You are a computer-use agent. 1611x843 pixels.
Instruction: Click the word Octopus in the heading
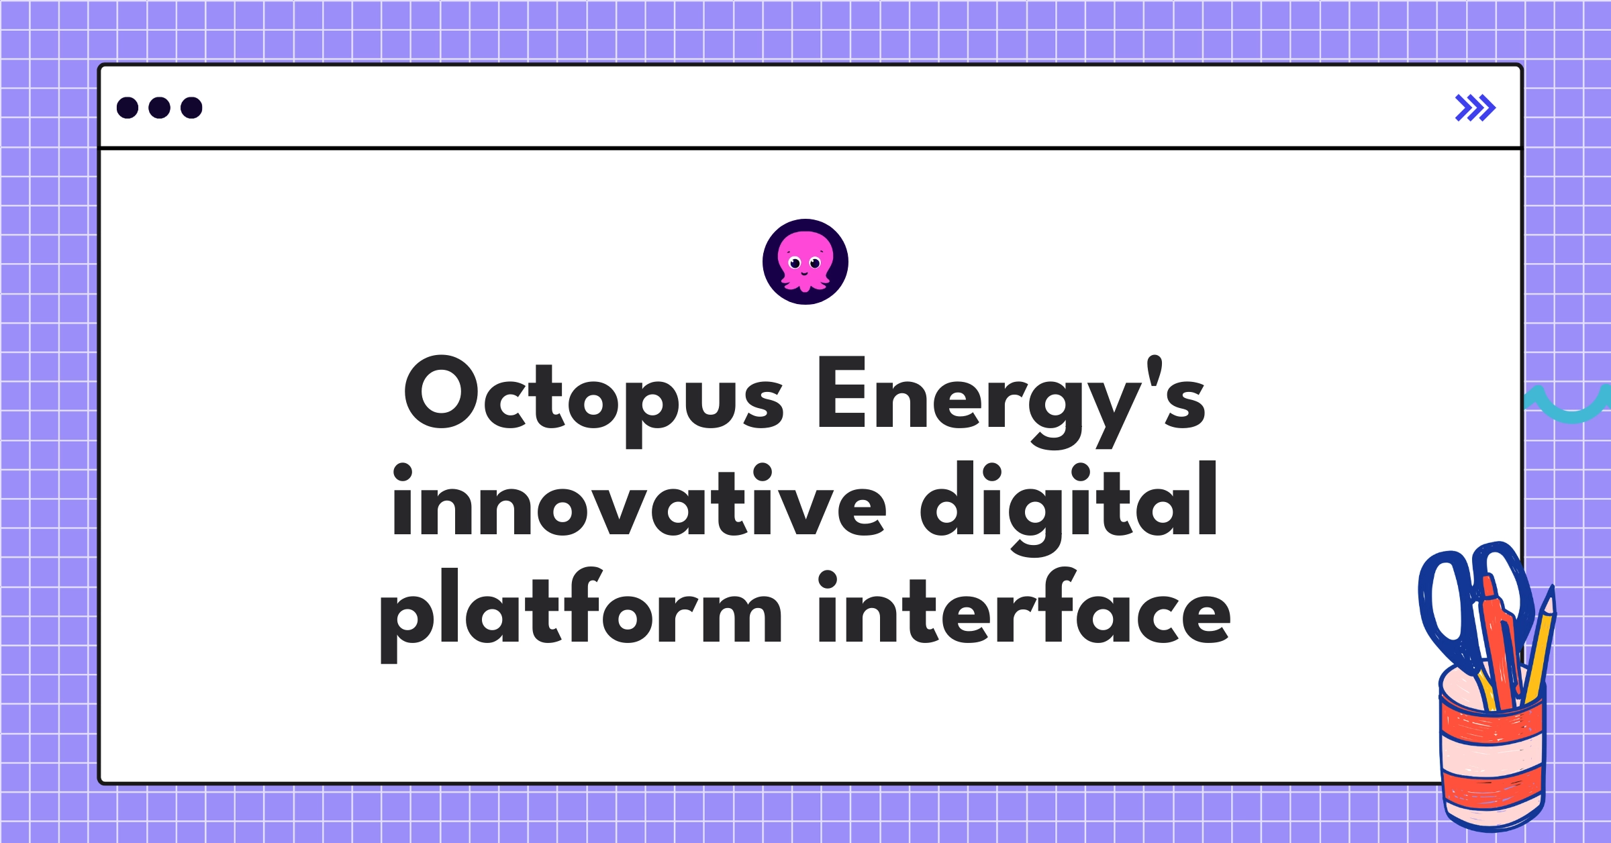(593, 396)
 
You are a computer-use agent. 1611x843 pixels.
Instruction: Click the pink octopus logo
(805, 262)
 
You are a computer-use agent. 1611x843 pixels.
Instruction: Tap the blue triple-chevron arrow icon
(1475, 108)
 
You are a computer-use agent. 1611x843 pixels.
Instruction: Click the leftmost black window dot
(128, 107)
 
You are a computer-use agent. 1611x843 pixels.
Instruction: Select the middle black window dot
(159, 107)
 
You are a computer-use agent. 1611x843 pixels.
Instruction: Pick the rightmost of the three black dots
(191, 107)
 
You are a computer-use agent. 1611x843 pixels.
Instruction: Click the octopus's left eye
(795, 263)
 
